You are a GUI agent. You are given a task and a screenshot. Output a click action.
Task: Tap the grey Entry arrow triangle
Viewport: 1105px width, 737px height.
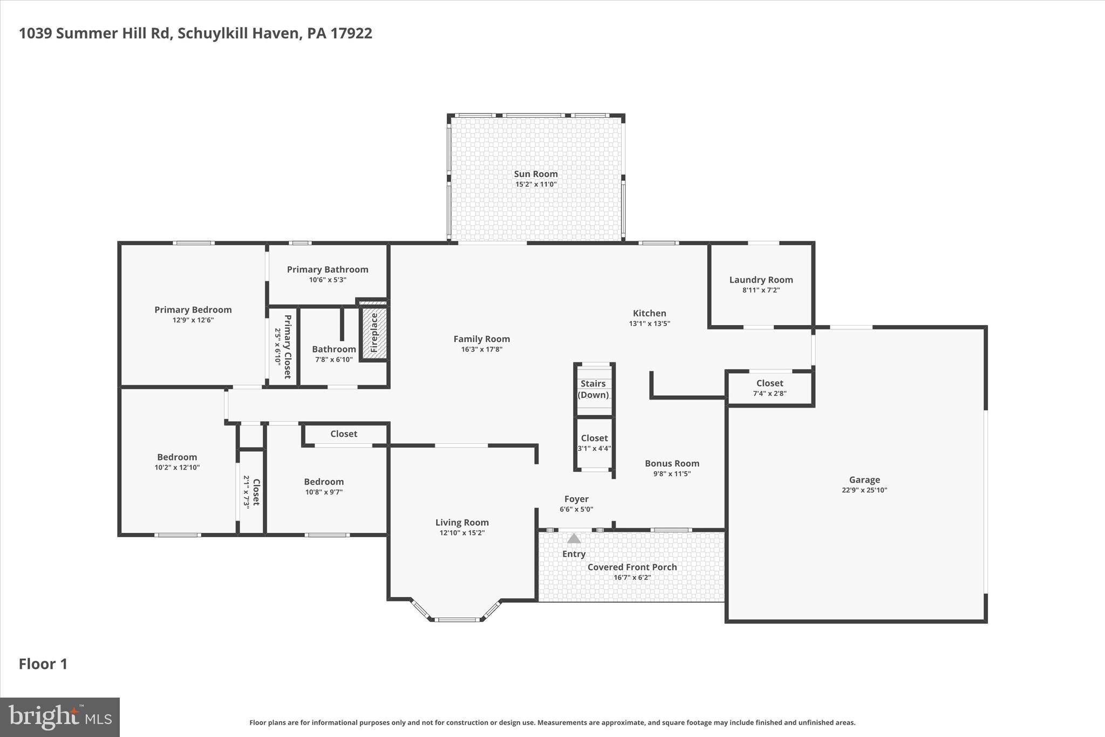574,538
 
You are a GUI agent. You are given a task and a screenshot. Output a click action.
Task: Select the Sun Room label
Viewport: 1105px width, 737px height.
535,174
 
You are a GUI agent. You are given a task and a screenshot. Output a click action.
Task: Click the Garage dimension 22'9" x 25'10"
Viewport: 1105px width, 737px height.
864,490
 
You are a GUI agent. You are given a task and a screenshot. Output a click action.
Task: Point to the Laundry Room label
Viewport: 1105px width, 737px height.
761,280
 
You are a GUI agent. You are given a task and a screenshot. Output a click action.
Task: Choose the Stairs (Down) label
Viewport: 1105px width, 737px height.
593,389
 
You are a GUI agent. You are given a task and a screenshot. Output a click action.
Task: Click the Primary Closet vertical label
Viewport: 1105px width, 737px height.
288,346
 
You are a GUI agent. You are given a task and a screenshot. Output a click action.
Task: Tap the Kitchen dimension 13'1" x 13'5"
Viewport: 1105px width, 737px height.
649,323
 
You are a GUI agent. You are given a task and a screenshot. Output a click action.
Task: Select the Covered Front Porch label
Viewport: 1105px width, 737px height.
632,567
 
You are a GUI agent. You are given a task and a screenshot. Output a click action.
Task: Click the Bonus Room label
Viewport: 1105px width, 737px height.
672,463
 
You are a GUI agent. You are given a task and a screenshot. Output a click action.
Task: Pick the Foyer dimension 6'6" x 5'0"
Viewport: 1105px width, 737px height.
576,509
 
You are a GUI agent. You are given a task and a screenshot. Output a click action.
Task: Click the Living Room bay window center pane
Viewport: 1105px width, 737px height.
457,619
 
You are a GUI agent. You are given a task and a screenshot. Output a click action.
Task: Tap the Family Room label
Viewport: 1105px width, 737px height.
481,339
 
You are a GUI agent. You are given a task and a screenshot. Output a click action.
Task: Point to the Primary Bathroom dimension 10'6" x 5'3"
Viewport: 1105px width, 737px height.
328,280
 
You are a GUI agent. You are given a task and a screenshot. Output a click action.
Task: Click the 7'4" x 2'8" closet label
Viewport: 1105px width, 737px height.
769,383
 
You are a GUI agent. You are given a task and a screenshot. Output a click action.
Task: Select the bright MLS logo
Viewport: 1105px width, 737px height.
60,717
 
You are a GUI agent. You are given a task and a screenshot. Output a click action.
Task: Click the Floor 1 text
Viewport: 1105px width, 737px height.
43,664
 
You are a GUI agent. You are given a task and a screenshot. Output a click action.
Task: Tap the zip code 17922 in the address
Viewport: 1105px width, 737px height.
351,33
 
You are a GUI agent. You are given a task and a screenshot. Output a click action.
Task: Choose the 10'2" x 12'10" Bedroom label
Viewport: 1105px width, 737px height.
177,457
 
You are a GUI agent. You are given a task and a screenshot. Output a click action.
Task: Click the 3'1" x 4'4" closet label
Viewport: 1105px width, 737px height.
594,438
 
